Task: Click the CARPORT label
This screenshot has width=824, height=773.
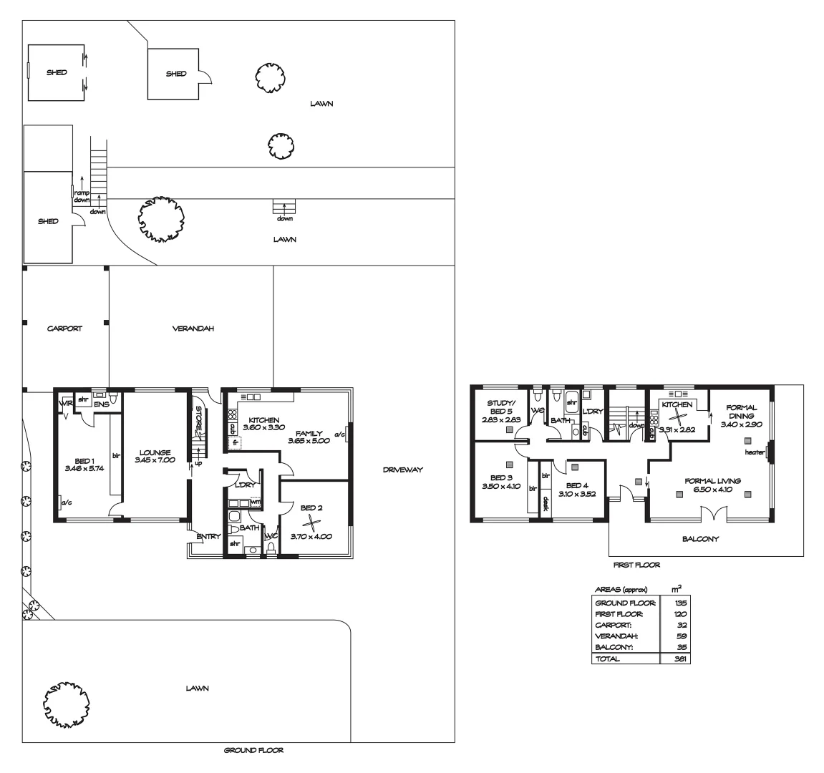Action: pos(64,329)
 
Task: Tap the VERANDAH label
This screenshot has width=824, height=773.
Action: pos(193,329)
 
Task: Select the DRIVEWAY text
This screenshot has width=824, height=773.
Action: pos(402,470)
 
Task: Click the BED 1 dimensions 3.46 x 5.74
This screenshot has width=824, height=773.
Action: pos(84,468)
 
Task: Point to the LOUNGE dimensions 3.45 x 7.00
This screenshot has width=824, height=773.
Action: pos(155,460)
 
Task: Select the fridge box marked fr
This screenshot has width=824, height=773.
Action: pos(234,444)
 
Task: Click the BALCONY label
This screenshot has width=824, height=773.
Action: pos(701,539)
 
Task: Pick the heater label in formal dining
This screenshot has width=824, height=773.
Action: pos(755,452)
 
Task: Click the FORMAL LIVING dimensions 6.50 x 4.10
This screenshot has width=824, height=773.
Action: pos(712,490)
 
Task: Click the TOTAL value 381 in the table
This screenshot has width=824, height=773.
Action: pos(680,659)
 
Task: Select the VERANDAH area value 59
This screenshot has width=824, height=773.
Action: pos(682,636)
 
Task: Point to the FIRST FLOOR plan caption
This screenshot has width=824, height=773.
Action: pos(636,565)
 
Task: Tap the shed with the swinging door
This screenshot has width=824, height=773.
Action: pos(176,74)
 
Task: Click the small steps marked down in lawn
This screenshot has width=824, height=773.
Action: pos(285,206)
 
